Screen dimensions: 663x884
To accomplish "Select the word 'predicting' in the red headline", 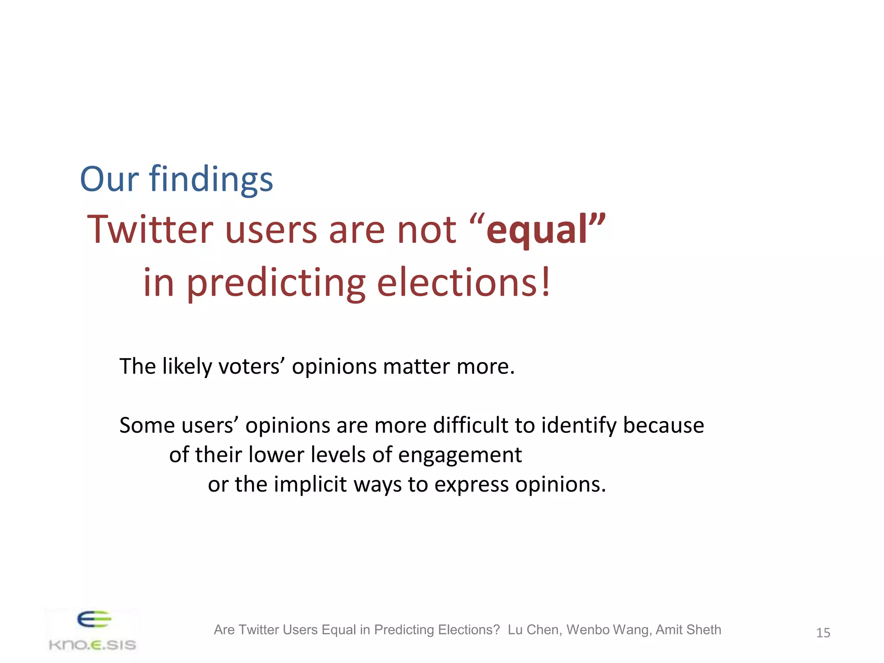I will pyautogui.click(x=276, y=283).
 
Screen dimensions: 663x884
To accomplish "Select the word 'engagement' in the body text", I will pyautogui.click(x=460, y=455).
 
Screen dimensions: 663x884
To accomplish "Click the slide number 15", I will pyautogui.click(x=823, y=633).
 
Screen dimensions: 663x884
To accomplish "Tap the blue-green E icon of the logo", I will pyautogui.click(x=94, y=619).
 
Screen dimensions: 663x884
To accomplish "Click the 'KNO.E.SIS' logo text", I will pyautogui.click(x=92, y=645).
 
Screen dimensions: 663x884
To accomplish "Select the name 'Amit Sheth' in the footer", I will pyautogui.click(x=688, y=630).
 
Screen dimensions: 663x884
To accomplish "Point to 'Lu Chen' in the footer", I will pyautogui.click(x=534, y=630).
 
